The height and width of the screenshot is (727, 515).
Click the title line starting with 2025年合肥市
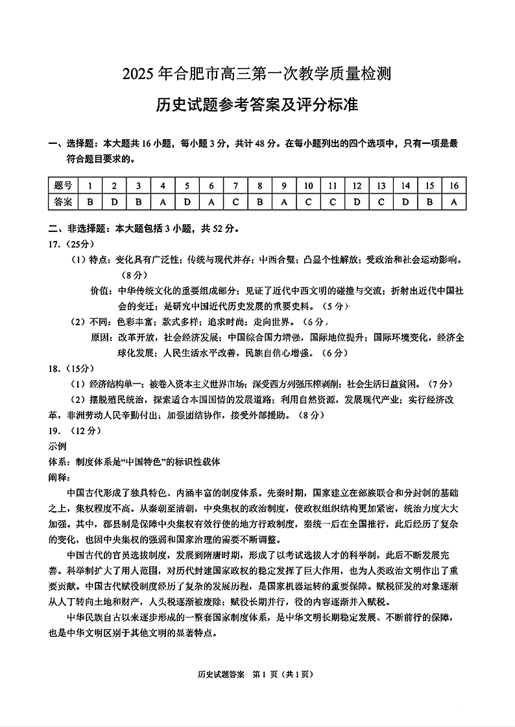point(257,75)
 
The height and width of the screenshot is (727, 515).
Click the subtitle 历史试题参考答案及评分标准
point(257,104)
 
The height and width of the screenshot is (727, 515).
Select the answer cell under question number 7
point(235,202)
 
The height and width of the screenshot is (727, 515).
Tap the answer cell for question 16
point(453,202)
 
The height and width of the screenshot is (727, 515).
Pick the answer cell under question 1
point(90,202)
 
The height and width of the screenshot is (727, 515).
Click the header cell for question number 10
point(308,186)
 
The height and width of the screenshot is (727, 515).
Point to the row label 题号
point(64,186)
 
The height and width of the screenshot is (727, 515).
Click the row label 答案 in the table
point(64,202)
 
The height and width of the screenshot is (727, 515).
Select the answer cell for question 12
point(357,202)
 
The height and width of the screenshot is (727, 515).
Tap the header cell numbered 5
point(187,186)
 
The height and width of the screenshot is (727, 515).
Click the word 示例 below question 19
point(58,446)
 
